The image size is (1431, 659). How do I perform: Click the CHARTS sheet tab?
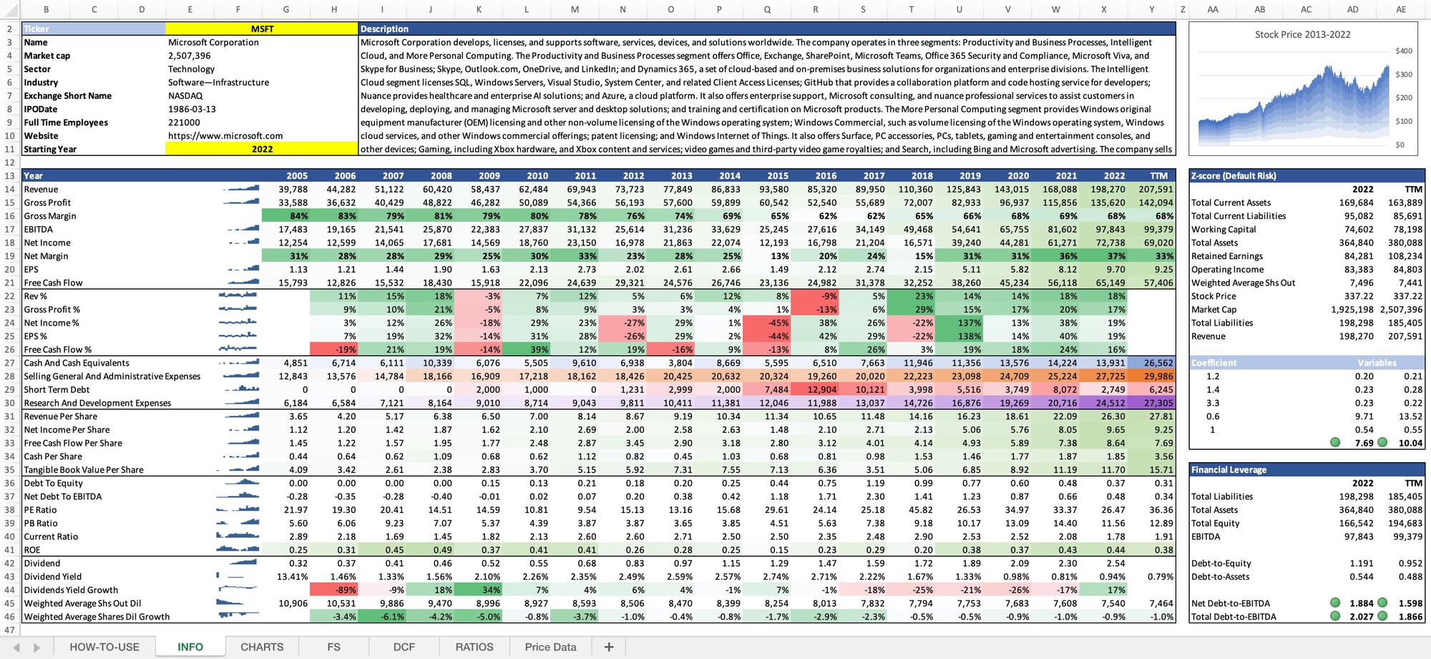(x=262, y=647)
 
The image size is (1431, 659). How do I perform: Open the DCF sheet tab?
(x=404, y=647)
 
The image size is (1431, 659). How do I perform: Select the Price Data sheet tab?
(x=550, y=647)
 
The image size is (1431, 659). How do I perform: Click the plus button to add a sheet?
(x=609, y=647)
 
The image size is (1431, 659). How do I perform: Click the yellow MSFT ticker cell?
(x=262, y=29)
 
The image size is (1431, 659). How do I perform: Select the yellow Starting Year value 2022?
(x=262, y=150)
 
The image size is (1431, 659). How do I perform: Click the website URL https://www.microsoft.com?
(x=225, y=136)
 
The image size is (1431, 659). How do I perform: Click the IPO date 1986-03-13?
(x=192, y=109)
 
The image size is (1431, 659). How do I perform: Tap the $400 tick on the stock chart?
(x=1404, y=52)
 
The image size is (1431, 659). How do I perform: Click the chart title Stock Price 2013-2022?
(x=1302, y=34)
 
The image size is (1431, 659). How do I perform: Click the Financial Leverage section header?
(x=1229, y=470)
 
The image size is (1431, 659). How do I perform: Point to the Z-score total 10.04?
(x=1410, y=444)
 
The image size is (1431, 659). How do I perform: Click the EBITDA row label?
(x=39, y=230)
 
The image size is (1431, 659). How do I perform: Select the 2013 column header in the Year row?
(x=681, y=176)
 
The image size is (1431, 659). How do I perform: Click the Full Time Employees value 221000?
(x=184, y=122)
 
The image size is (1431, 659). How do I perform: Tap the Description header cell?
(x=384, y=29)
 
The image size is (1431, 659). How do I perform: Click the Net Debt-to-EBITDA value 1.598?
(x=1410, y=604)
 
